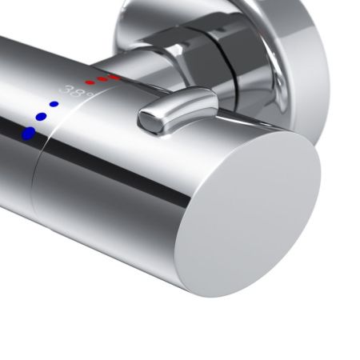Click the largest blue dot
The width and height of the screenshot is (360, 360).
(x=29, y=133)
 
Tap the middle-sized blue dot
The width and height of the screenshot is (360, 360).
(x=40, y=117)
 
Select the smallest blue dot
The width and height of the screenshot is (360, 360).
(x=54, y=104)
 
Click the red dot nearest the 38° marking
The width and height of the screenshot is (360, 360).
(x=90, y=82)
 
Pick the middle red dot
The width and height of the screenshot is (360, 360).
(x=102, y=79)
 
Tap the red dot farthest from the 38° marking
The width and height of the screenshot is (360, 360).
(x=114, y=77)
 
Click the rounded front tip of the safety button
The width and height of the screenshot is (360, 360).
(x=148, y=119)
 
